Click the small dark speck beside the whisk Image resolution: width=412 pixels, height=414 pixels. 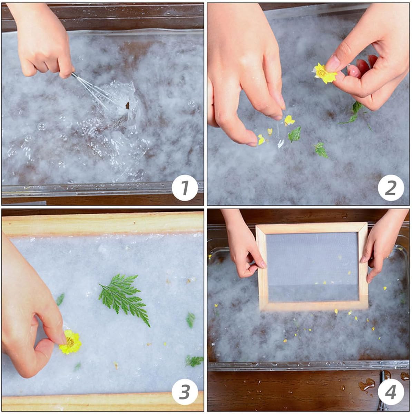(x=127, y=106)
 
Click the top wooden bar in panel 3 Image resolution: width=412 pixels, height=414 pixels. (x=103, y=224)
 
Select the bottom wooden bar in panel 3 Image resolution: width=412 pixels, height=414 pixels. (x=103, y=404)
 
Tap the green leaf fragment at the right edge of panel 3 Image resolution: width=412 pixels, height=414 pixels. (x=195, y=361)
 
